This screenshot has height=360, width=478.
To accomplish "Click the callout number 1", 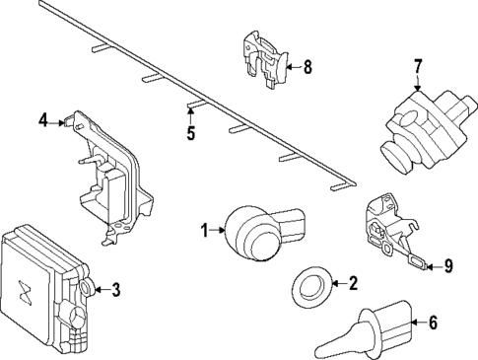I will [205, 231].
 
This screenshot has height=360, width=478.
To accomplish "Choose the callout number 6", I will [430, 322].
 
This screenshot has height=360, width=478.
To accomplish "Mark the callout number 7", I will [417, 66].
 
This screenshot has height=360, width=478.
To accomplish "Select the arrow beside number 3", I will [101, 290].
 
